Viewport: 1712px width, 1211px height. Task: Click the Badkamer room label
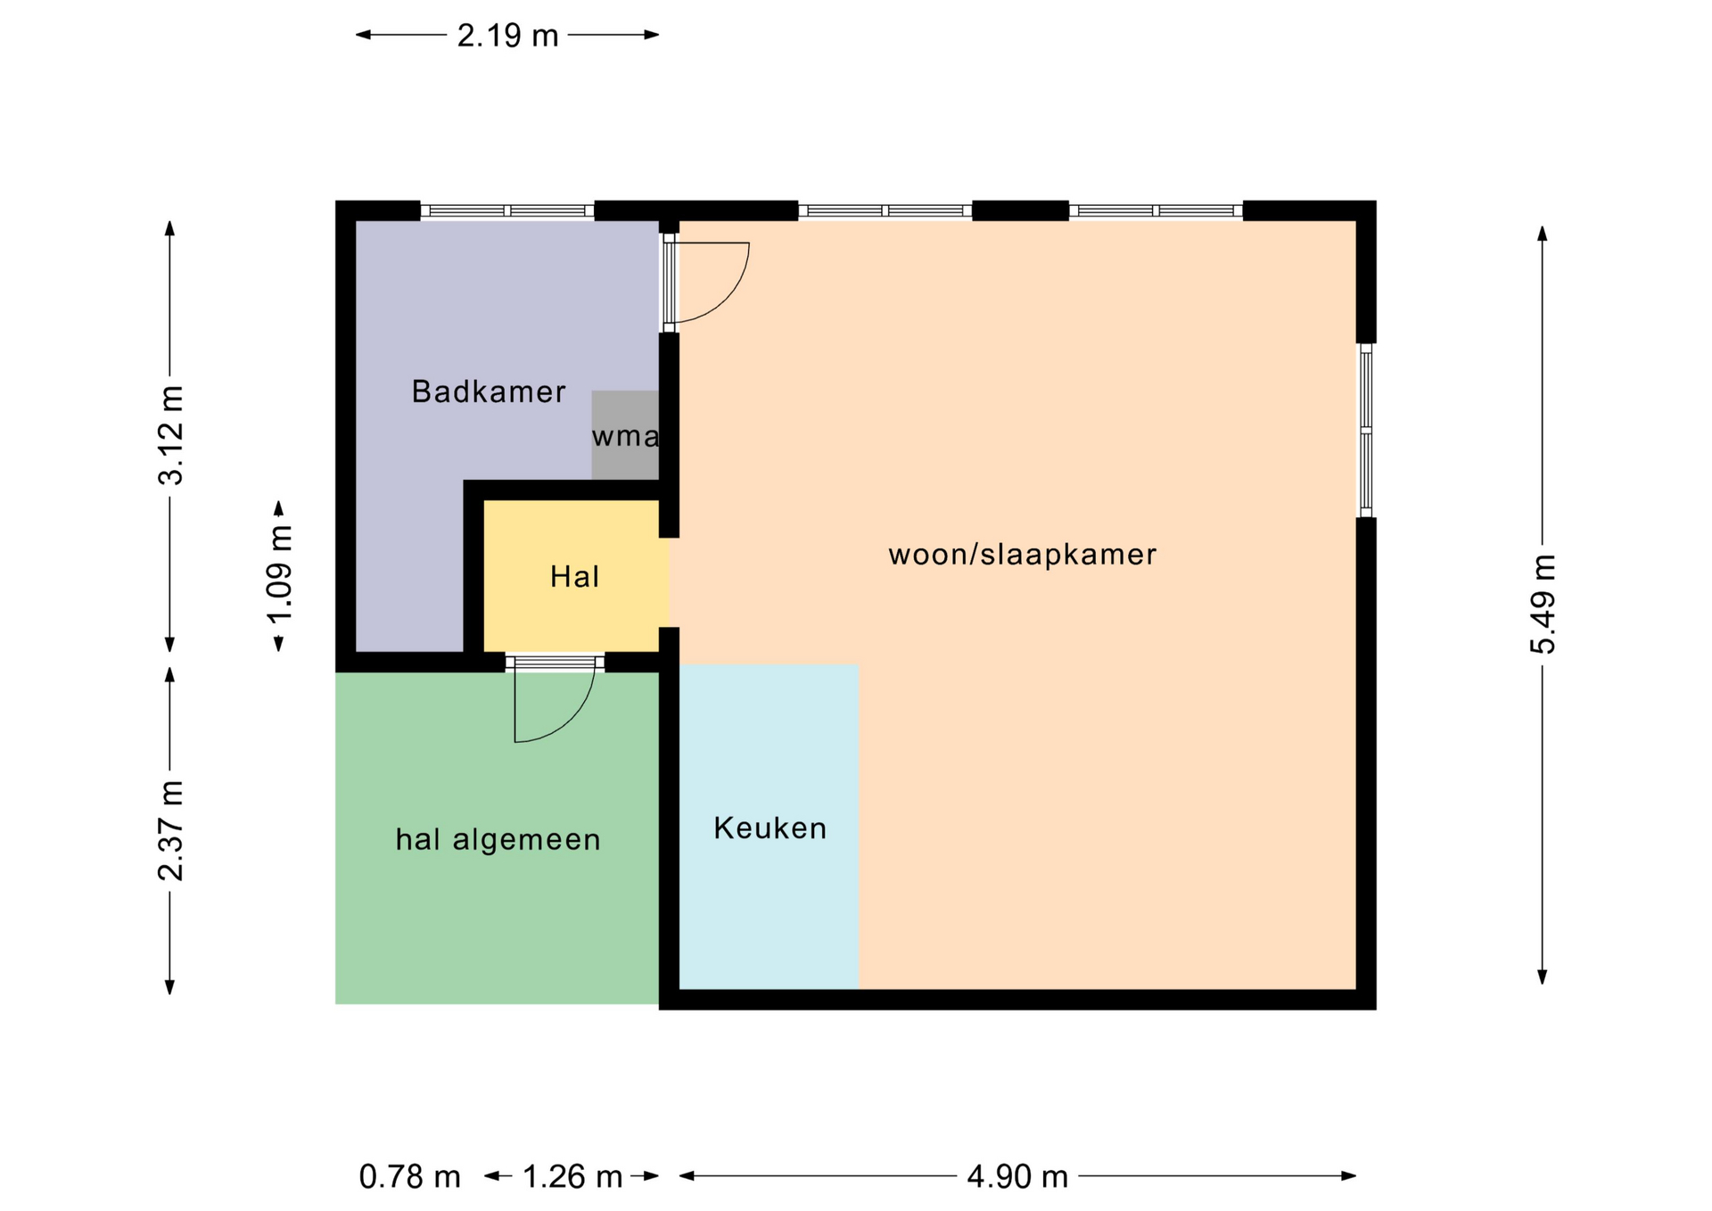pos(488,391)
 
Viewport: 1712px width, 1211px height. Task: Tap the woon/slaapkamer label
pos(1022,554)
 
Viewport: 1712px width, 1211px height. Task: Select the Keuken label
pos(770,828)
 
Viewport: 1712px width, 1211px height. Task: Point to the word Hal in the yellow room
pos(574,576)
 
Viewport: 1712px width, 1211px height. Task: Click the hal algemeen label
pos(498,839)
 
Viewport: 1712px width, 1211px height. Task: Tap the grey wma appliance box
pos(625,435)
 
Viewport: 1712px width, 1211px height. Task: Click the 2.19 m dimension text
pos(507,35)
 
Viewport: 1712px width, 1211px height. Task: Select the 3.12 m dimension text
pos(170,435)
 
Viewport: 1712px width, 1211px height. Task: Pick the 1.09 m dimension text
pos(279,575)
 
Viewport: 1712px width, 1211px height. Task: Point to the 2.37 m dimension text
pos(170,830)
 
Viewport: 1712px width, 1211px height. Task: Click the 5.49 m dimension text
pos(1543,604)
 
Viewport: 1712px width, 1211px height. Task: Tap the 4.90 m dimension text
pos(1017,1176)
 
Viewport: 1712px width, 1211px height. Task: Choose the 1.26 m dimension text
pos(572,1176)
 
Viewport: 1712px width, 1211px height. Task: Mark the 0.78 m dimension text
pos(409,1176)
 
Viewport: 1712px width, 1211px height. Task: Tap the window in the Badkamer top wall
pos(507,210)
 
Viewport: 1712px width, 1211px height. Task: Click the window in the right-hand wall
pos(1365,431)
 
